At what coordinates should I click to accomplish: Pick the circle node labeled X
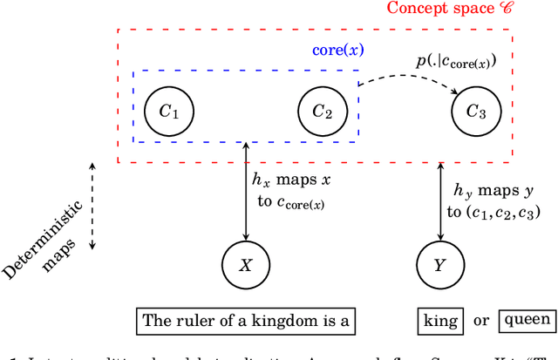pos(245,262)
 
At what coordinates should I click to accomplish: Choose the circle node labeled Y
pos(439,262)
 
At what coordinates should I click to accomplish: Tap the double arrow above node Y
pos(439,200)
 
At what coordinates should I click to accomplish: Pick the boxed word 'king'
pos(440,321)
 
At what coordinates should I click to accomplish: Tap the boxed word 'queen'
pos(527,321)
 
